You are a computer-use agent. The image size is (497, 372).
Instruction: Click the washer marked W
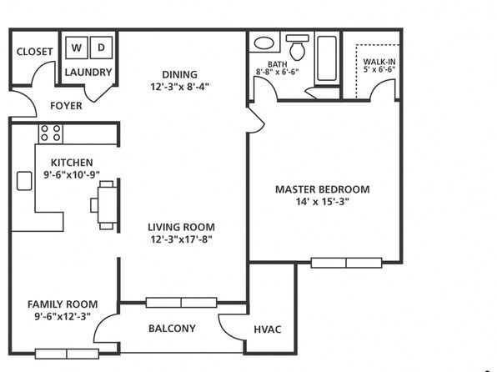(77, 48)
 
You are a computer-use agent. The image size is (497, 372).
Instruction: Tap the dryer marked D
(101, 48)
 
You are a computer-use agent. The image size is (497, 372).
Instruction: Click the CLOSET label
(34, 52)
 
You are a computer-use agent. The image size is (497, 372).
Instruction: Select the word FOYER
(66, 106)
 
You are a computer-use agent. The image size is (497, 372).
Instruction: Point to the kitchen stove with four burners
(51, 133)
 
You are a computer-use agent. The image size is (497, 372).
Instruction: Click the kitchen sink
(24, 181)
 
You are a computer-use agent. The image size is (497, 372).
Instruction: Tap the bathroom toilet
(298, 48)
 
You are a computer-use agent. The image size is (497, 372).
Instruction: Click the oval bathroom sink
(264, 43)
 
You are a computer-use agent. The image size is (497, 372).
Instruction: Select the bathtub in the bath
(327, 58)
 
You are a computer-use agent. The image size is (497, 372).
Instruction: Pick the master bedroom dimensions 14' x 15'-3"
(323, 202)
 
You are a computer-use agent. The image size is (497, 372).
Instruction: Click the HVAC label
(268, 329)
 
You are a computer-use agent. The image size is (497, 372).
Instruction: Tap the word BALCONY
(172, 329)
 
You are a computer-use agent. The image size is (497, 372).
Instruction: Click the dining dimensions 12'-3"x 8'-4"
(180, 87)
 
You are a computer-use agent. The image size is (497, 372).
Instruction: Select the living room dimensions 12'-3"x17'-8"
(181, 239)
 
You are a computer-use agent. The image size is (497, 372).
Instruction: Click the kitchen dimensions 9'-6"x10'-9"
(72, 174)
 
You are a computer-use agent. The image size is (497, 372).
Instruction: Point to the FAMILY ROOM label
(63, 304)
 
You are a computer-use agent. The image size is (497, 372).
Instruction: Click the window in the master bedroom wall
(346, 263)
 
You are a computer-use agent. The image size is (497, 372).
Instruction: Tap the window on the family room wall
(67, 354)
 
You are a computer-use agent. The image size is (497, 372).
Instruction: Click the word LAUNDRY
(88, 73)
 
